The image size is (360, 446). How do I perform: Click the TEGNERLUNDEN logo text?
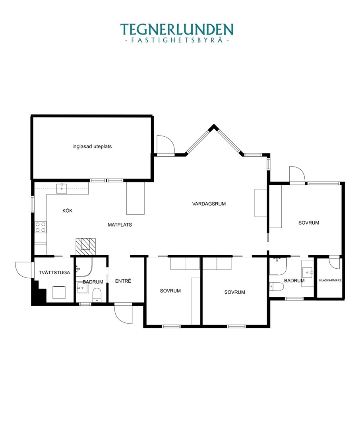pos(176,29)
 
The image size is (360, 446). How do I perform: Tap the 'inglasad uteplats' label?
pos(92,147)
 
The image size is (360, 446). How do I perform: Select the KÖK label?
pos(68,211)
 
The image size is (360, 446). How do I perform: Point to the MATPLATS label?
pos(120,225)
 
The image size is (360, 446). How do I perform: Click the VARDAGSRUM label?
pos(209,204)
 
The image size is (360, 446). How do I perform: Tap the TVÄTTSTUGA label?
pos(54,273)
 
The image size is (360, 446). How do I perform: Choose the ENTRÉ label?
pos(123,281)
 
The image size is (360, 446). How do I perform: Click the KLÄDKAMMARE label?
pos(330,280)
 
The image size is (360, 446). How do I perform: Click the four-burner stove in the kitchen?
pos(41,227)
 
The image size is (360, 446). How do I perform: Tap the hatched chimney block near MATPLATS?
pos(85,246)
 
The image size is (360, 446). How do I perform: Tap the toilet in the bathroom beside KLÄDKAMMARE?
pos(276,286)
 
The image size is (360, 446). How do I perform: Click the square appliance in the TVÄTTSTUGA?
pos(59,293)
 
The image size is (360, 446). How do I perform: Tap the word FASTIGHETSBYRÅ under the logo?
pos(176,40)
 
